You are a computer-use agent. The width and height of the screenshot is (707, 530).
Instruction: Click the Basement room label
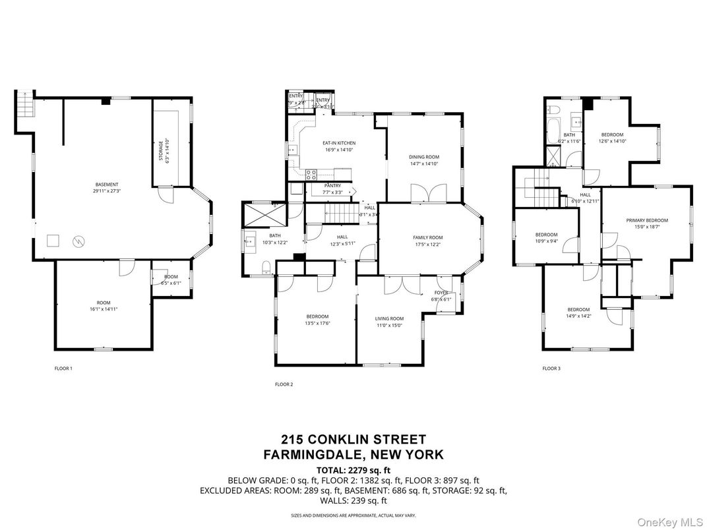[106, 185]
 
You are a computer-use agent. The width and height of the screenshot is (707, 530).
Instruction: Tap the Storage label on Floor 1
[161, 144]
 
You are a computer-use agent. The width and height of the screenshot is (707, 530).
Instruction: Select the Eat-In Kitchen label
[338, 143]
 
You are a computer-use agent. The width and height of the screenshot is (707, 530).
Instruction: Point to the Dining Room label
[424, 156]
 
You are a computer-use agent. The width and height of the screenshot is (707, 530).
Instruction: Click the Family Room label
[428, 237]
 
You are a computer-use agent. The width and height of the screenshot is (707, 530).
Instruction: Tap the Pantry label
[332, 186]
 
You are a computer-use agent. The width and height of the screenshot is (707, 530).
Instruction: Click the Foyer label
[441, 292]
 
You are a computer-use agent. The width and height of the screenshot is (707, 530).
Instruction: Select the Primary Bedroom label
[647, 220]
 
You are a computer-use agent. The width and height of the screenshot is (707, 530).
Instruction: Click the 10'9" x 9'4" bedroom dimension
[546, 241]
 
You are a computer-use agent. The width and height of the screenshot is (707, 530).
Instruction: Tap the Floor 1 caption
[63, 368]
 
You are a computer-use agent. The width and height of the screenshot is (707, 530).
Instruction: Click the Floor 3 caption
[551, 368]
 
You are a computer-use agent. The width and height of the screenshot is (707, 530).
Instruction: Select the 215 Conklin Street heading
[353, 439]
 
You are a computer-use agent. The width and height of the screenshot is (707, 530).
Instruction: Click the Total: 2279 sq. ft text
[353, 470]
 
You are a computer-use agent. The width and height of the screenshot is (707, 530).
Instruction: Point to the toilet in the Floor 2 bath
[265, 267]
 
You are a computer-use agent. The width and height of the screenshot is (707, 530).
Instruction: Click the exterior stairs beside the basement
[24, 105]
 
